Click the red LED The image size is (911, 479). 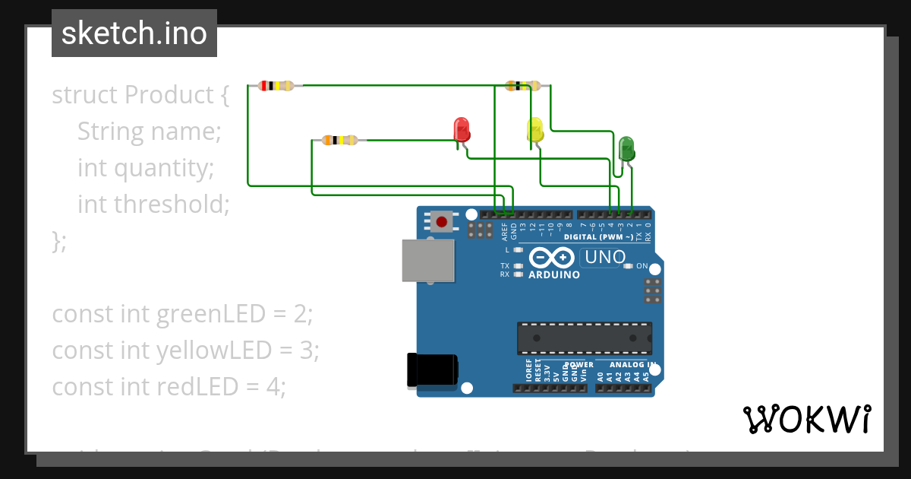(462, 130)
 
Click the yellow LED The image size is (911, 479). (535, 130)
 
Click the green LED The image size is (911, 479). (626, 148)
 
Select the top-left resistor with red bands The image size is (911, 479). (276, 86)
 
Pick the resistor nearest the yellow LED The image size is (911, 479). (522, 85)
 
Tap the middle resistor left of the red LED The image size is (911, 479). (339, 140)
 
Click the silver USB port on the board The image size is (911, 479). (427, 261)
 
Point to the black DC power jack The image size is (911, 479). (433, 370)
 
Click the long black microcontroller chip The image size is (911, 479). (584, 338)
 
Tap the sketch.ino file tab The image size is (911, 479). (134, 33)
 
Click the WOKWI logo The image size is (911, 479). (806, 419)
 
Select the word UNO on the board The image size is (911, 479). (604, 258)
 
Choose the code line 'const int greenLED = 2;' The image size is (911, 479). (182, 314)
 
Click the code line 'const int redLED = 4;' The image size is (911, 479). (169, 387)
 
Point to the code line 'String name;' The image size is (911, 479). (149, 132)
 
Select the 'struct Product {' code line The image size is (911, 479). (140, 95)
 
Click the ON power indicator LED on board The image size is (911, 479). (628, 266)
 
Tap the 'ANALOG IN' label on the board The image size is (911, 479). (632, 365)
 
